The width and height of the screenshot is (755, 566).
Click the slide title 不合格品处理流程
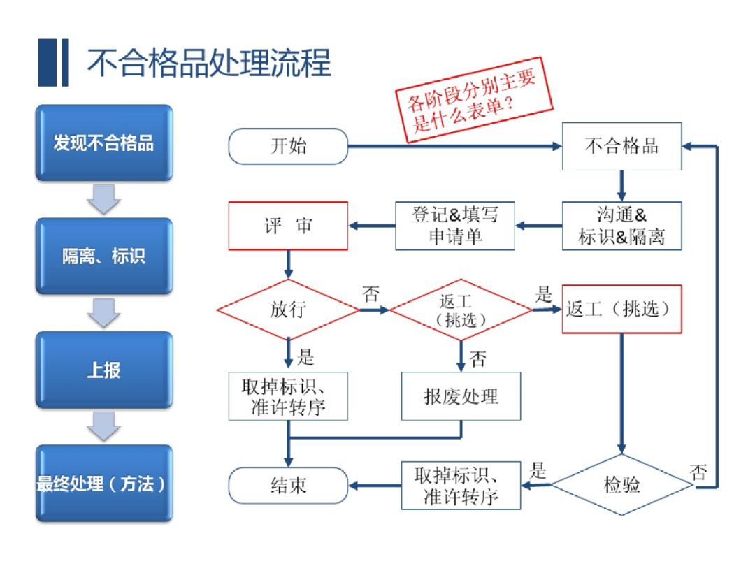[208, 63]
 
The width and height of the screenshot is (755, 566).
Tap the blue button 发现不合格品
[103, 143]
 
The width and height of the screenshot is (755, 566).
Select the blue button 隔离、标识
[103, 256]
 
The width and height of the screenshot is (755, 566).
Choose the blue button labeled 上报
[103, 370]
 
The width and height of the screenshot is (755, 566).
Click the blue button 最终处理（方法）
[103, 484]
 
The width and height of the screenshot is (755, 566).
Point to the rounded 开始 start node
[288, 147]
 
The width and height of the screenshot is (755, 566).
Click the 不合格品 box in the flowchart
[621, 147]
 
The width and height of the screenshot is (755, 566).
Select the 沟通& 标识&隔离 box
[621, 226]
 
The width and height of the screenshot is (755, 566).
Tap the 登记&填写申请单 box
[455, 226]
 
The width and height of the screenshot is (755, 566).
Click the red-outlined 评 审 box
[288, 226]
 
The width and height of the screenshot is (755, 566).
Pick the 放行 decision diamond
[288, 310]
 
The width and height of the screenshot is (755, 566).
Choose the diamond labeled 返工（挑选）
[461, 310]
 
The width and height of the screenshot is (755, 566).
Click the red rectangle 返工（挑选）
[621, 310]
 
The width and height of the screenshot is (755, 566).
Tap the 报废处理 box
[461, 396]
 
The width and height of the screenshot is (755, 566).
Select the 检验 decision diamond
[621, 484]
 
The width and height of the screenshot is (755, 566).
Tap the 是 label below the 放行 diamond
[305, 358]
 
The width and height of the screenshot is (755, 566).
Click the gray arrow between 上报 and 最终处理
[103, 426]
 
